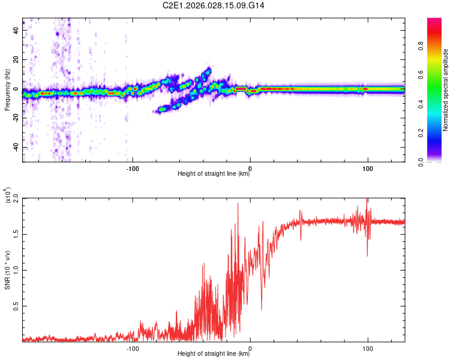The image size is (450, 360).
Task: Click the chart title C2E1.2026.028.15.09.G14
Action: click(214, 5)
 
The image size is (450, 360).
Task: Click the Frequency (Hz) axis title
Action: click(7, 90)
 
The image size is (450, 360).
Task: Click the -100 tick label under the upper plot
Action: click(133, 167)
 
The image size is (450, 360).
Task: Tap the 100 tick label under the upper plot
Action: click(367, 167)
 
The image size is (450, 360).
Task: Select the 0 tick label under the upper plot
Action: click(250, 167)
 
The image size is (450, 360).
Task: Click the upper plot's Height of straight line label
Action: click(214, 174)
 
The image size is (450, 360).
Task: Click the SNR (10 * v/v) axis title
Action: click(7, 270)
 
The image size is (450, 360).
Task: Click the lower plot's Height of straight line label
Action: click(214, 354)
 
